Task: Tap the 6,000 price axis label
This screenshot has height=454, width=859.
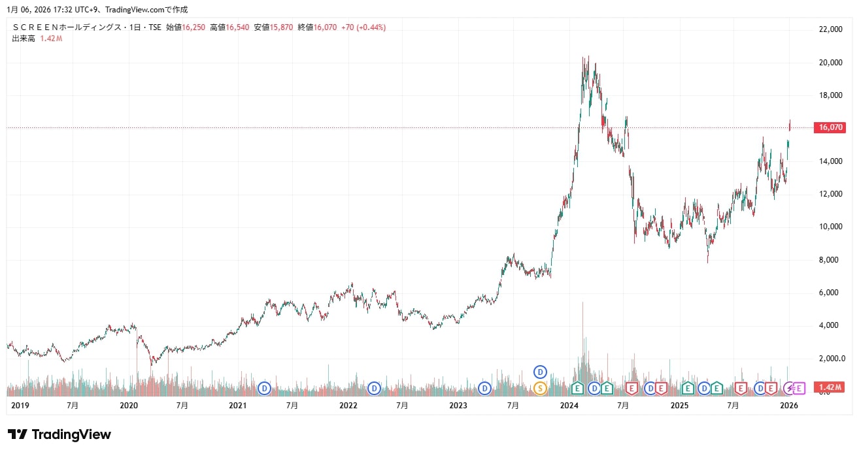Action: pos(832,293)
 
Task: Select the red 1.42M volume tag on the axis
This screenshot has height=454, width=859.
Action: pos(830,388)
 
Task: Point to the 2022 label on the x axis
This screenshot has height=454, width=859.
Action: pos(348,406)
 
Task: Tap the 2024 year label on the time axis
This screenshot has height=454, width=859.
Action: pos(569,406)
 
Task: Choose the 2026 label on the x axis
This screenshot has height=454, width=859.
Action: pos(790,406)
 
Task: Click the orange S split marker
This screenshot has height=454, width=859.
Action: pos(540,388)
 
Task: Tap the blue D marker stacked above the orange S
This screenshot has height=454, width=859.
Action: pos(540,372)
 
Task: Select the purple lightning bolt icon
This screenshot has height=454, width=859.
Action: pos(790,388)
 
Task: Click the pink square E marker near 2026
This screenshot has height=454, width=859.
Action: pos(800,388)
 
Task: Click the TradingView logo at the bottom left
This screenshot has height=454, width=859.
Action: pos(59,434)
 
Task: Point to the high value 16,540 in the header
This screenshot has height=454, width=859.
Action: pos(237,27)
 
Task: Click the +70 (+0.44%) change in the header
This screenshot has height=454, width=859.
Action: pos(363,27)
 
